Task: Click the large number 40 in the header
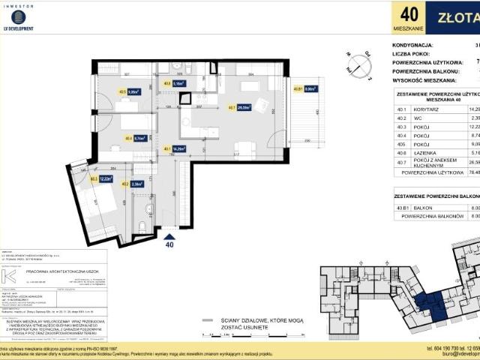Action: (409, 13)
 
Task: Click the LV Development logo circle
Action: (18, 16)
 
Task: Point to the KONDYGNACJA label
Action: (418, 45)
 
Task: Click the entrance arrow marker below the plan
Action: (169, 236)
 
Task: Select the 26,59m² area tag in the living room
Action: (241, 107)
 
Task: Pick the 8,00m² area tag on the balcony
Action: (308, 88)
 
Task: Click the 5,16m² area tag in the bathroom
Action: (178, 84)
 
